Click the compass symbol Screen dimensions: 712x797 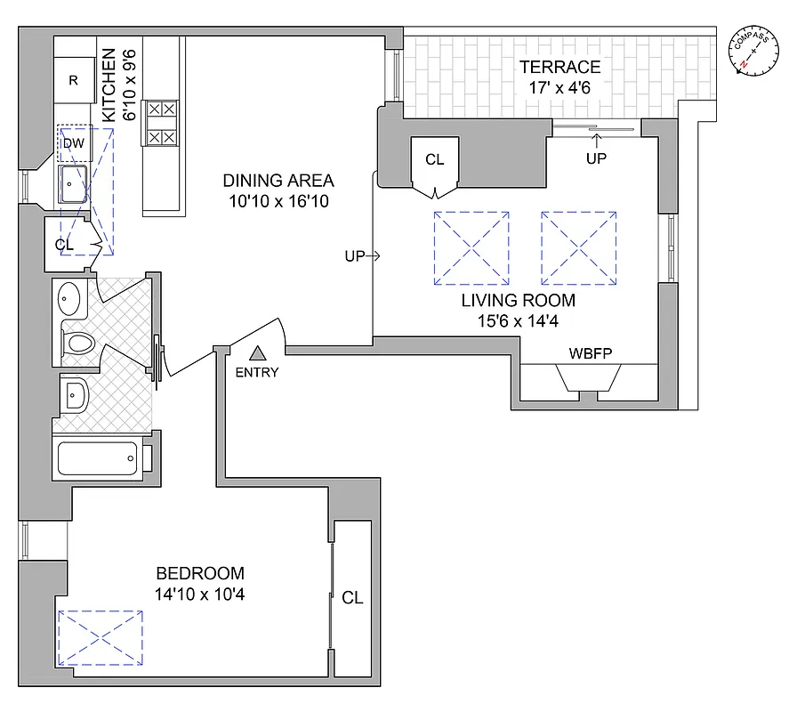pos(753,53)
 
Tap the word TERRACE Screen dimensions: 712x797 pos(560,67)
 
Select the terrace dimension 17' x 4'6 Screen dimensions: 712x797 pos(560,87)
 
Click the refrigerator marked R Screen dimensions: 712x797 pos(74,80)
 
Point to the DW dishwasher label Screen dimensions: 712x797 pos(72,142)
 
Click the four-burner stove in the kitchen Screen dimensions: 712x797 pos(162,123)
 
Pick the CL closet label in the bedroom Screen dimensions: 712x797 pos(352,598)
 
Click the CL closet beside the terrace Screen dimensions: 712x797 pos(434,160)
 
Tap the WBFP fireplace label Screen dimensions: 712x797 pos(589,353)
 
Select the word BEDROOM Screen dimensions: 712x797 pos(200,573)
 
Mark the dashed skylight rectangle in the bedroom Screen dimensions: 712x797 pos(101,637)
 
